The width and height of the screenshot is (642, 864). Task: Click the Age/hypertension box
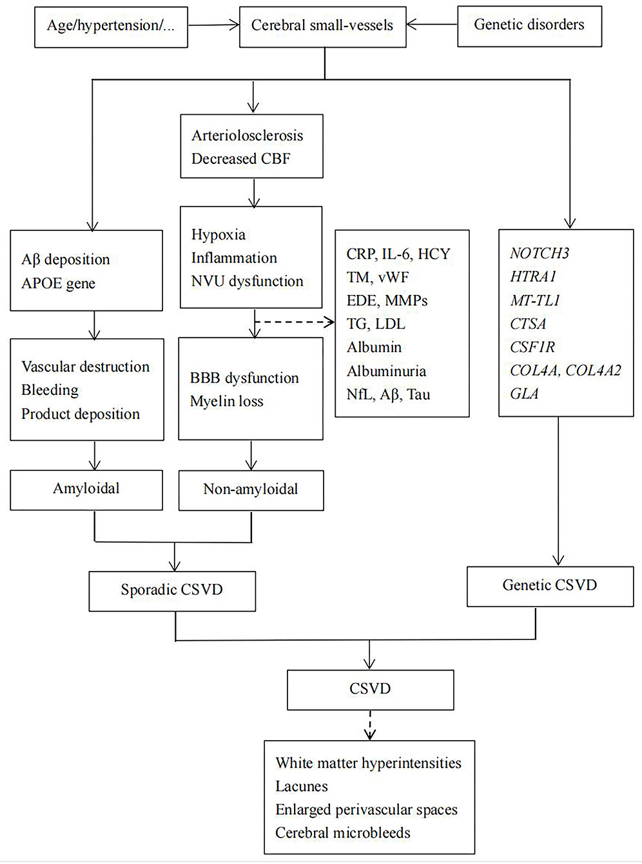pyautogui.click(x=111, y=26)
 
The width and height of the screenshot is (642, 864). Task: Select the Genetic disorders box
pyautogui.click(x=529, y=25)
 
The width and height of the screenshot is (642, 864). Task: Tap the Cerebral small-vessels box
pyautogui.click(x=322, y=26)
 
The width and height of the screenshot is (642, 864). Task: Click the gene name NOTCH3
pyautogui.click(x=539, y=254)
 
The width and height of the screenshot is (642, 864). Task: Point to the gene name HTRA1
pyautogui.click(x=533, y=277)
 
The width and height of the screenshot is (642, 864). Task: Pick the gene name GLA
pyautogui.click(x=524, y=394)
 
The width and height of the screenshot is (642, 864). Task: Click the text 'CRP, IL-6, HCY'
pyautogui.click(x=398, y=254)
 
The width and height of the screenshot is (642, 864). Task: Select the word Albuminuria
pyautogui.click(x=386, y=371)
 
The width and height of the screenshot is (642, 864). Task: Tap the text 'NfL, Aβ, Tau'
pyautogui.click(x=388, y=394)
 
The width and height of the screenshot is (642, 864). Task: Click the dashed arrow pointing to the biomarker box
pyautogui.click(x=295, y=321)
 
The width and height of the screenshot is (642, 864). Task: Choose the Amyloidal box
pyautogui.click(x=86, y=489)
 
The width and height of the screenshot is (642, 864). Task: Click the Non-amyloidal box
pyautogui.click(x=251, y=490)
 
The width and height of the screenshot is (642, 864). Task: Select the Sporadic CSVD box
pyautogui.click(x=172, y=590)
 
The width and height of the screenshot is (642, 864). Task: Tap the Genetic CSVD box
pyautogui.click(x=550, y=585)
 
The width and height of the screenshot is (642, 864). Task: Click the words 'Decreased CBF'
pyautogui.click(x=240, y=159)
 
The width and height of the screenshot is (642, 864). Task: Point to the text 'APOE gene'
pyautogui.click(x=58, y=283)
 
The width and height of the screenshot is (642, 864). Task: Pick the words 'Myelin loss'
pyautogui.click(x=226, y=401)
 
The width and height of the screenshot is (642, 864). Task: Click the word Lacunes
pyautogui.click(x=302, y=786)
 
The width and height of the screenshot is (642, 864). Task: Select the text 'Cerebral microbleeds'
pyautogui.click(x=343, y=833)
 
